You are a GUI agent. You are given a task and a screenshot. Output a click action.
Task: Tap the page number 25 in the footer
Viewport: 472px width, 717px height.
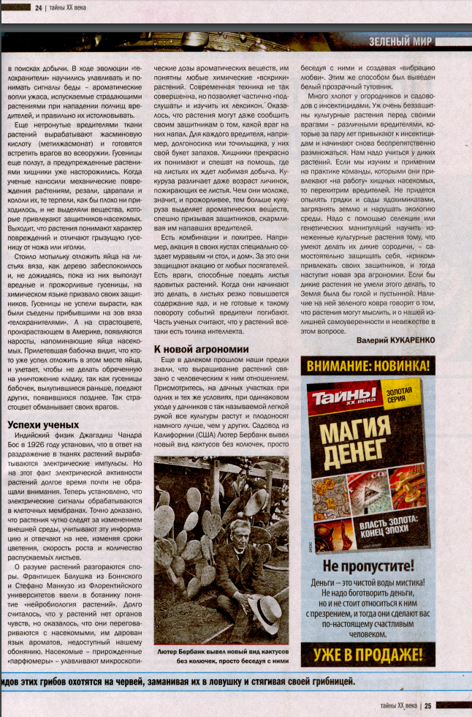(428, 705)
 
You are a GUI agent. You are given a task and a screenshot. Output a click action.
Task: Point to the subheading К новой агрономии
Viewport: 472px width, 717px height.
(201, 349)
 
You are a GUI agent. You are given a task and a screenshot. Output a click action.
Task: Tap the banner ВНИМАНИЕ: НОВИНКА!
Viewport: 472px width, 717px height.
(368, 364)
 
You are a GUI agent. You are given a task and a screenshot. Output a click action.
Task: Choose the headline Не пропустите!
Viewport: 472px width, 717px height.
(368, 566)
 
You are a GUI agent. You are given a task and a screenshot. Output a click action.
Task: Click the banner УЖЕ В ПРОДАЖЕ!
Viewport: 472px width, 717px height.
(368, 653)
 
